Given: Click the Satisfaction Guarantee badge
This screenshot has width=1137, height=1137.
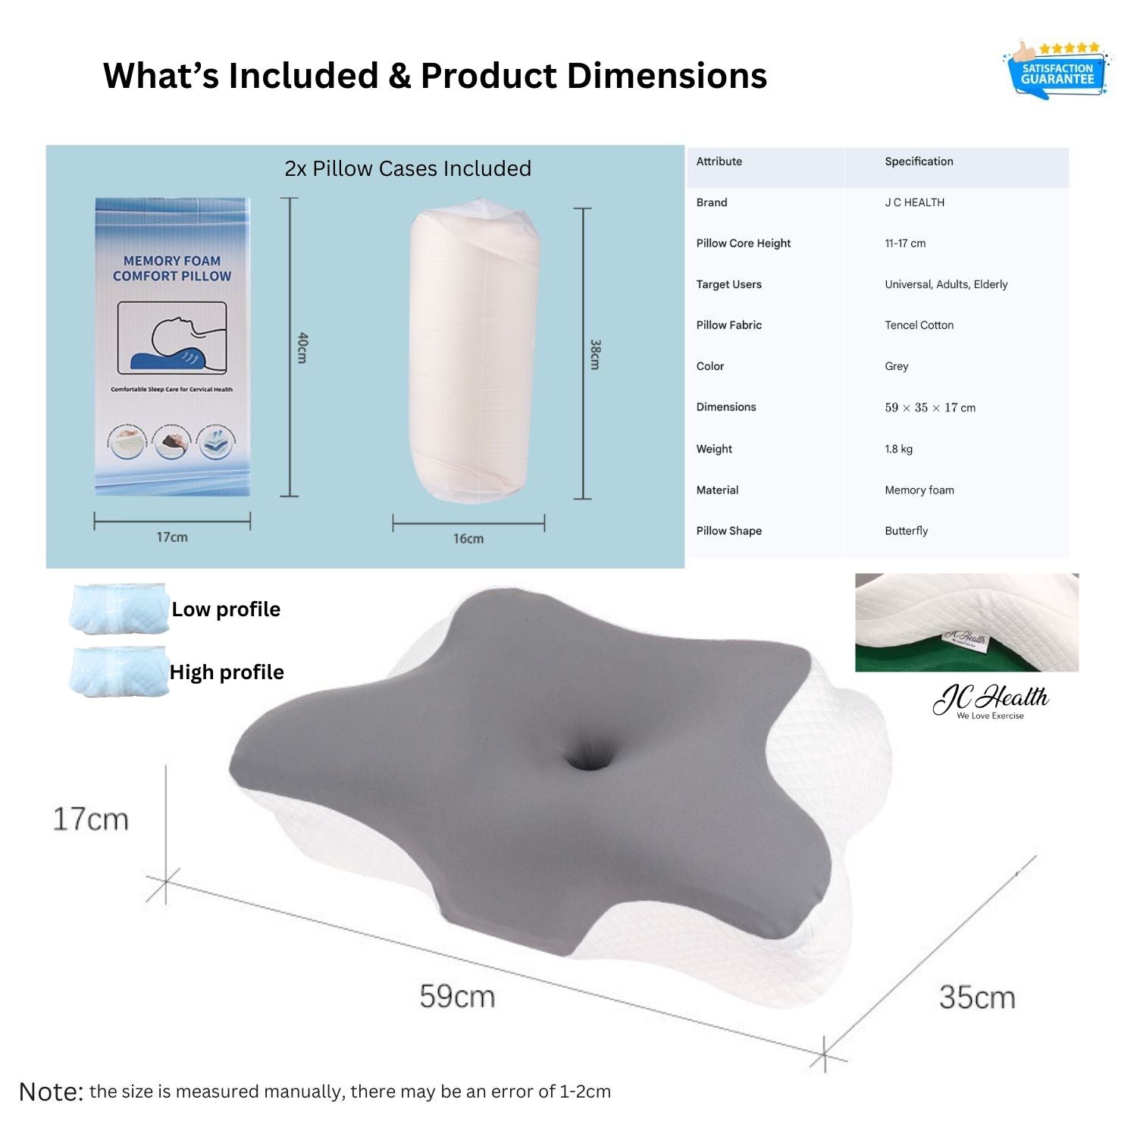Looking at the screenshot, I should coord(1057,71).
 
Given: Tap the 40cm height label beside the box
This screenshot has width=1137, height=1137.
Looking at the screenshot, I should coord(302,347).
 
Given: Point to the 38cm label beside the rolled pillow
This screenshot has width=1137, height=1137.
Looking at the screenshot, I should coord(595,354).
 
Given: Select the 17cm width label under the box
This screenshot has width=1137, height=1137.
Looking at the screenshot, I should coord(172,537).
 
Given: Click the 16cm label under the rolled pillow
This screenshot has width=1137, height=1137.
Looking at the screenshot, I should coord(468,539).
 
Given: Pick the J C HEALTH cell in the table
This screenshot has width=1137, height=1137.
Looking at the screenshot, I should coord(914,202).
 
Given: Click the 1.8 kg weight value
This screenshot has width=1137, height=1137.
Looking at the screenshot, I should coord(898,449).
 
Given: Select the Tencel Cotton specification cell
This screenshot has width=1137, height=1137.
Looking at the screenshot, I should coord(919,325).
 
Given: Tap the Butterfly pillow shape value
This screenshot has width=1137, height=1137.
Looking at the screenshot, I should coord(906,531).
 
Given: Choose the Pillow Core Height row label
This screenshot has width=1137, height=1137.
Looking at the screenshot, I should coord(743,243).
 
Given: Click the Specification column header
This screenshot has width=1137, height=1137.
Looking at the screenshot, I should coord(919,161).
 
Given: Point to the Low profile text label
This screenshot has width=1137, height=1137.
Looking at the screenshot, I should coord(226,609).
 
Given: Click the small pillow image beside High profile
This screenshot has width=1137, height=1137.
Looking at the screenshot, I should coord(119,671).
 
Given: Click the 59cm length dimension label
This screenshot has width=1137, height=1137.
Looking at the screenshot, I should coord(457,996).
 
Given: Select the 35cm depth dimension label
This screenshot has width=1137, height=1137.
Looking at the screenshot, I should coord(976,998).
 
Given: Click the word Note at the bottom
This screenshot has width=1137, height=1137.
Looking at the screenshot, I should coord(51,1092).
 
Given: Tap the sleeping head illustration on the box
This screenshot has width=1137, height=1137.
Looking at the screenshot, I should coord(173,337).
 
